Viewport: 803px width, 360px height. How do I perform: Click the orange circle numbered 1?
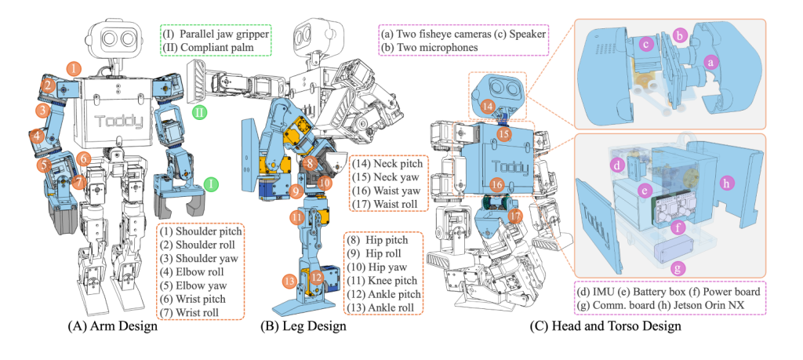click(73, 69)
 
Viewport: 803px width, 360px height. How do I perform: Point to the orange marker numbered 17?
click(514, 214)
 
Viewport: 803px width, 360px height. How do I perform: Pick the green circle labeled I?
click(210, 184)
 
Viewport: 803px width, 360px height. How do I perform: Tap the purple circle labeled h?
click(725, 182)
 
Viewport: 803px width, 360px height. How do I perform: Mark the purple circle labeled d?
click(617, 165)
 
